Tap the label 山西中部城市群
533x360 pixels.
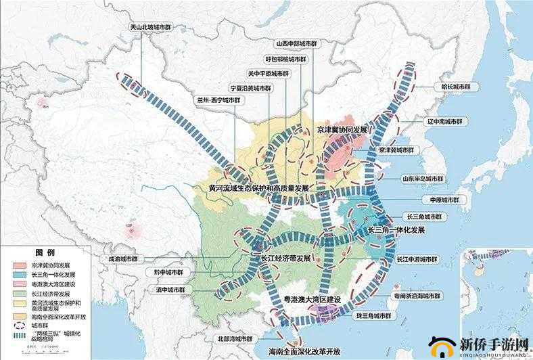coord(292,43)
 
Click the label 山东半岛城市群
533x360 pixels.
coord(424,179)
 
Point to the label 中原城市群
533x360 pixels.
coord(444,200)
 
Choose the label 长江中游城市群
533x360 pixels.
coord(417,259)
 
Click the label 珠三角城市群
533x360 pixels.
coord(373,315)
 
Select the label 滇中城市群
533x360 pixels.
coord(168,289)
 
